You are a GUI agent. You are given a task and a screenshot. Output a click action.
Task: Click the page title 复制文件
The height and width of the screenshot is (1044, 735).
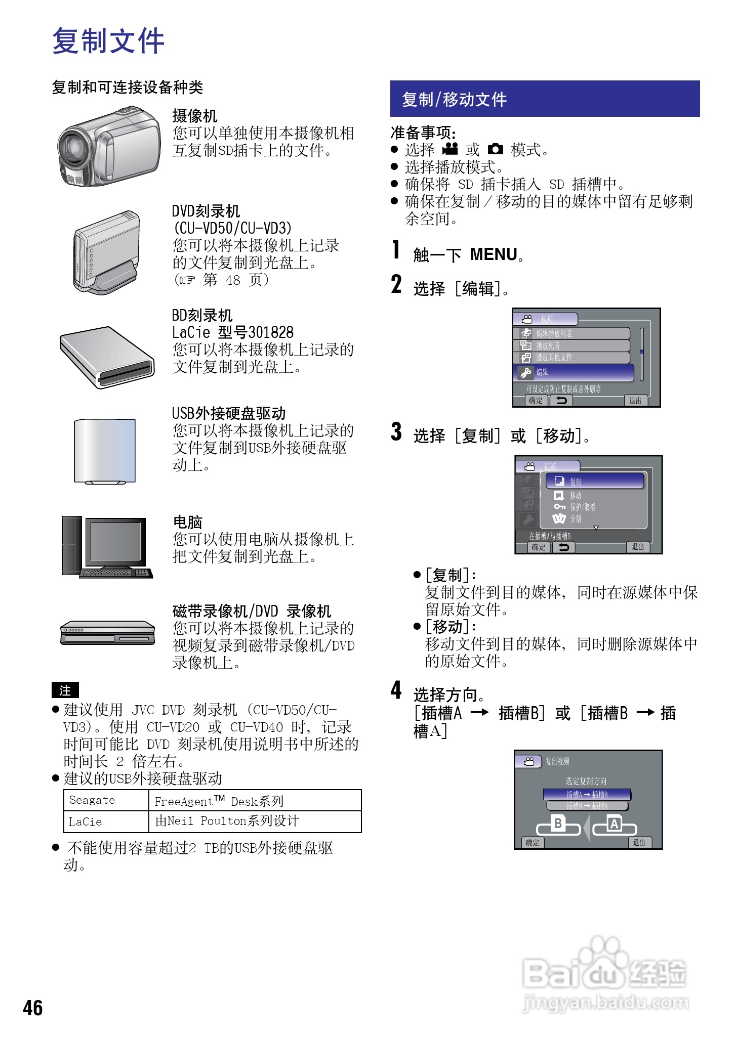tap(108, 40)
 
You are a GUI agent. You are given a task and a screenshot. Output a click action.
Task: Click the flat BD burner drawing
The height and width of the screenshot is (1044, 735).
tap(107, 357)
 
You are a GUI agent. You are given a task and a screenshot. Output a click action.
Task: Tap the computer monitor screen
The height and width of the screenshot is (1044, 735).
tap(115, 541)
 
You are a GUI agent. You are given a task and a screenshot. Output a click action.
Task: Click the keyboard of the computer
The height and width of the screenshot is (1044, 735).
tap(116, 573)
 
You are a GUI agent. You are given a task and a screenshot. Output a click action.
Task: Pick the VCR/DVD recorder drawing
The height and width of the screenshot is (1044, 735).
tap(107, 633)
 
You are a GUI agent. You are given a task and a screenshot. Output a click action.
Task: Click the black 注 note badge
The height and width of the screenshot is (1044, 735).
tap(65, 690)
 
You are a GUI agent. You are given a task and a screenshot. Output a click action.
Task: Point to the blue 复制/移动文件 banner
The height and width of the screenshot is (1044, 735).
tap(545, 99)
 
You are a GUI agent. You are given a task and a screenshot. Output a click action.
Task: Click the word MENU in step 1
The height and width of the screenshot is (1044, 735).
tap(494, 254)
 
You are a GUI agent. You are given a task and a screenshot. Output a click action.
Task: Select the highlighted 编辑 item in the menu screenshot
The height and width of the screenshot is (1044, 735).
tap(574, 373)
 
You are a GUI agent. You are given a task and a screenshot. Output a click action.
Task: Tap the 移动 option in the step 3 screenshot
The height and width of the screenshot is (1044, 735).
tap(575, 496)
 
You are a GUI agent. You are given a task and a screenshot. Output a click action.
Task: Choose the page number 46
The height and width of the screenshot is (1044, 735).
tap(33, 1008)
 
